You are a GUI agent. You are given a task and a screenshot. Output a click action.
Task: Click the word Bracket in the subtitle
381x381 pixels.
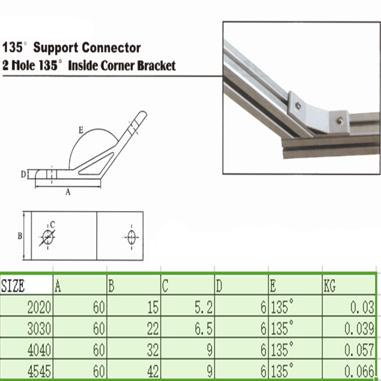[156, 66]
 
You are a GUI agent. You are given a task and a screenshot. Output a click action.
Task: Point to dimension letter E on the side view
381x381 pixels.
[80, 130]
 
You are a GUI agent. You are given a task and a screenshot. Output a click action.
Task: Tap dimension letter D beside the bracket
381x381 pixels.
[23, 174]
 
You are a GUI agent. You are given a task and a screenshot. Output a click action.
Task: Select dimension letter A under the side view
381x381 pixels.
[68, 192]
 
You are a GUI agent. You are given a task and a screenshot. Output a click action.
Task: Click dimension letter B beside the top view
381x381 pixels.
[19, 236]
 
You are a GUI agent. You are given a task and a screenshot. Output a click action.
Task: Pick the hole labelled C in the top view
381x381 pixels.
[48, 237]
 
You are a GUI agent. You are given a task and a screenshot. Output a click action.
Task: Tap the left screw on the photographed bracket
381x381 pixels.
[298, 106]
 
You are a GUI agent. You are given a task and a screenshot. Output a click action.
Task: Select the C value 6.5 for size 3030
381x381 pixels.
[203, 328]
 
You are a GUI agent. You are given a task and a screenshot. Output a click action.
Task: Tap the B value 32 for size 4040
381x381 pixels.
[152, 350]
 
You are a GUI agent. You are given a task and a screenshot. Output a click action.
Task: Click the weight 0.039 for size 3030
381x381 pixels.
[359, 328]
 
